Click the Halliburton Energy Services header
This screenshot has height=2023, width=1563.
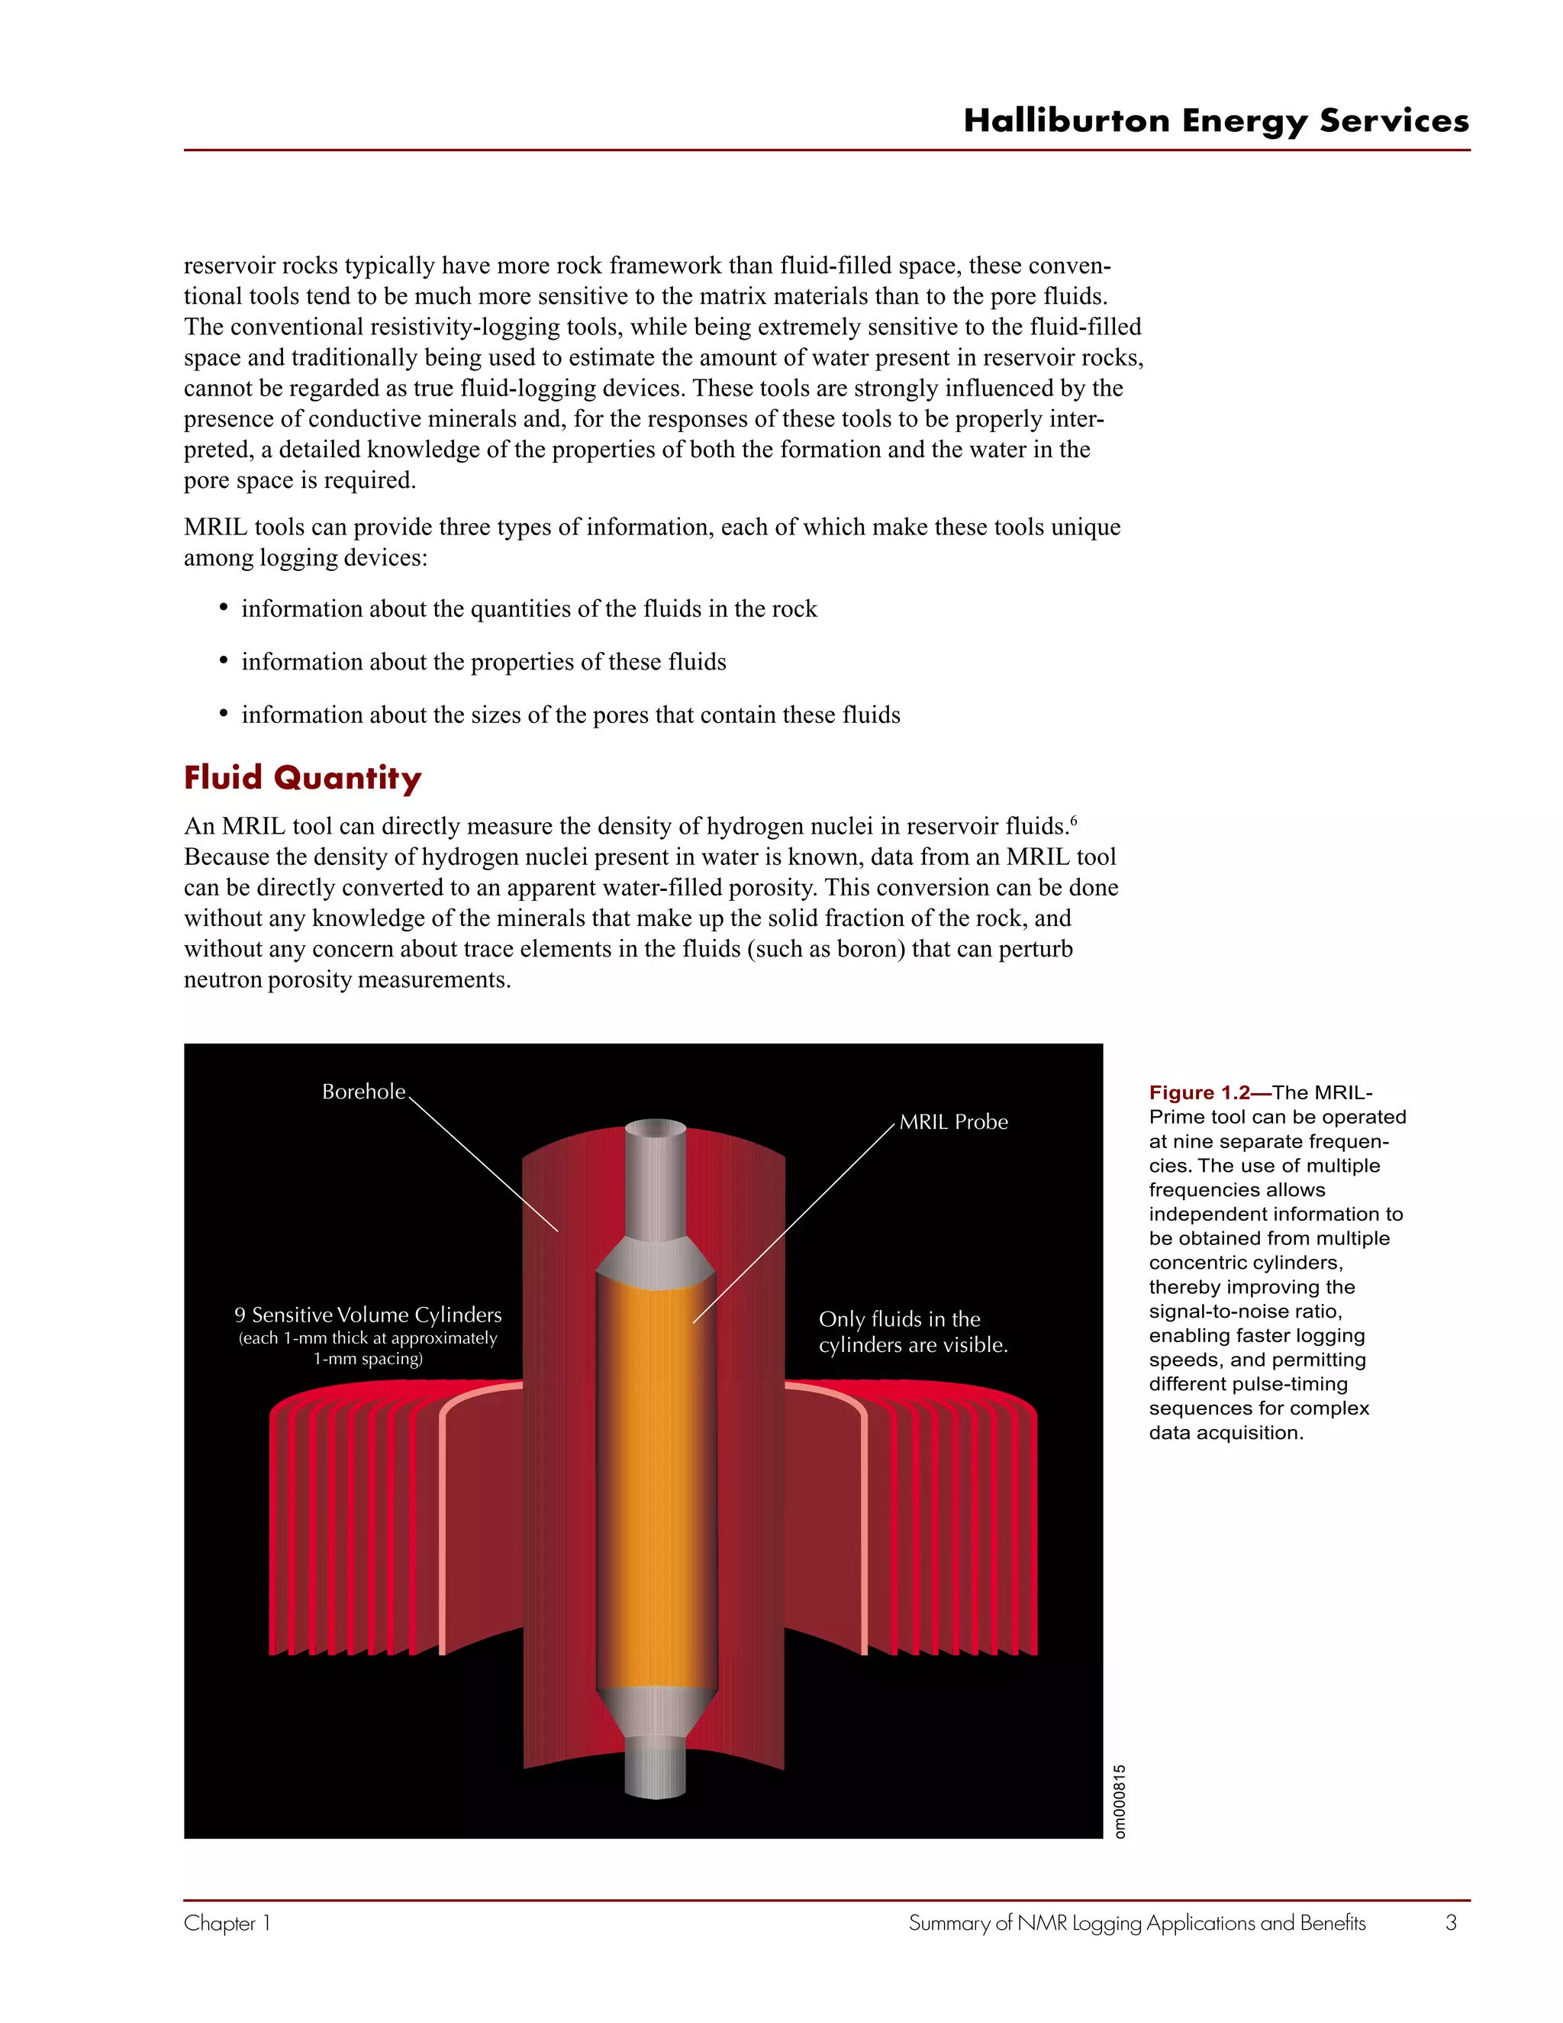pos(1216,121)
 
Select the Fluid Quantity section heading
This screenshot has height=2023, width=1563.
pos(303,777)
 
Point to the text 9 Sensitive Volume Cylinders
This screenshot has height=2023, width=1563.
pos(368,1315)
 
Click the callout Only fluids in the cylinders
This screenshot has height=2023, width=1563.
pos(912,1331)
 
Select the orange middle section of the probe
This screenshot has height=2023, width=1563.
pos(656,1482)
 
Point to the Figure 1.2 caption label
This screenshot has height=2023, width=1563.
pos(1200,1093)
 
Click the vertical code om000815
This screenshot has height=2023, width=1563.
pos(1120,1801)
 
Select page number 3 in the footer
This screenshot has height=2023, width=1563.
pos(1451,1923)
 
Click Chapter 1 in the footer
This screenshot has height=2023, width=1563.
pos(227,1923)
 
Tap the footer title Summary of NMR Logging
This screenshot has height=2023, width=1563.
pos(1136,1923)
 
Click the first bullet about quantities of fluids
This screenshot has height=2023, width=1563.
pos(529,609)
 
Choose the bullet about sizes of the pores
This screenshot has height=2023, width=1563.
pos(570,715)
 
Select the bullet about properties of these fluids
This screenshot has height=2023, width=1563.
pos(483,663)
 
